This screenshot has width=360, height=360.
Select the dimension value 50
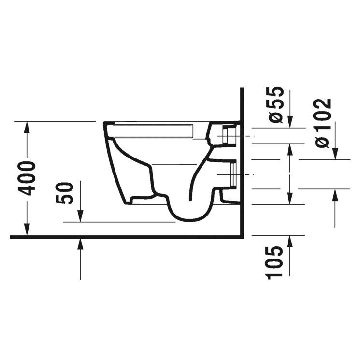tap(68, 193)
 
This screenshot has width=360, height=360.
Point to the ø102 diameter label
tap(322, 123)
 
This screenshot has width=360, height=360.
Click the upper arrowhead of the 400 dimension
tap(28, 126)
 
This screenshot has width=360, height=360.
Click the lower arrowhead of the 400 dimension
tap(28, 231)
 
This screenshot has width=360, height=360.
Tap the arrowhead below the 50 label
tap(80, 217)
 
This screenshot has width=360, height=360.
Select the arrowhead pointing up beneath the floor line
tap(80, 244)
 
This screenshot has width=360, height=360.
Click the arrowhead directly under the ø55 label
tap(289, 123)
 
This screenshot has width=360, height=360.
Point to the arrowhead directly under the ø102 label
tap(335, 154)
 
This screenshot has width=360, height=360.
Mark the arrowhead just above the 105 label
tap(289, 240)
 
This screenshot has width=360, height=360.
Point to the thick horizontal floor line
tap(126, 237)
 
